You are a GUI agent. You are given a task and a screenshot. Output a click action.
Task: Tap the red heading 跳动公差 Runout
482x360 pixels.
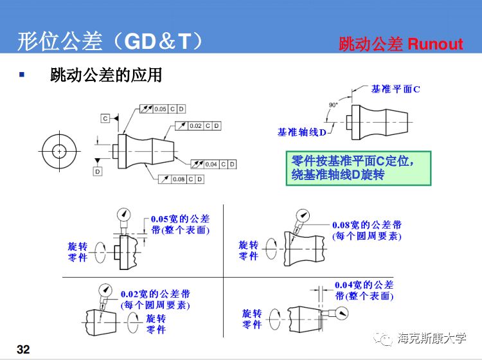coord(400,44)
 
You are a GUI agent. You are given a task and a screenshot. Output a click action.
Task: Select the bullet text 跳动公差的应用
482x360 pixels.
coord(106,75)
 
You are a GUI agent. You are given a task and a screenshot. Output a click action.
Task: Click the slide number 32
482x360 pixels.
coord(24,349)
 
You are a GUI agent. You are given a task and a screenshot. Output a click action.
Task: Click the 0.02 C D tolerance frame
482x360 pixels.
coord(199,125)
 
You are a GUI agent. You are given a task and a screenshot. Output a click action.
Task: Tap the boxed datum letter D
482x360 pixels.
coord(98,172)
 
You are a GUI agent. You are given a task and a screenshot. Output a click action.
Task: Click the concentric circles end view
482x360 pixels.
coord(58,151)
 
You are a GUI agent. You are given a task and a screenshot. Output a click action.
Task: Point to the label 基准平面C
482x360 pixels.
coord(395,89)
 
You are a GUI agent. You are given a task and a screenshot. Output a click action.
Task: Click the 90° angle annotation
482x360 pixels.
coord(333,105)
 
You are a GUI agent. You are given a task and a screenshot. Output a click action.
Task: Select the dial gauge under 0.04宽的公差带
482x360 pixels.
coord(341,313)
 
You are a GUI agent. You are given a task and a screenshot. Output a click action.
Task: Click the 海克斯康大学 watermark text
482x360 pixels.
coord(432,338)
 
